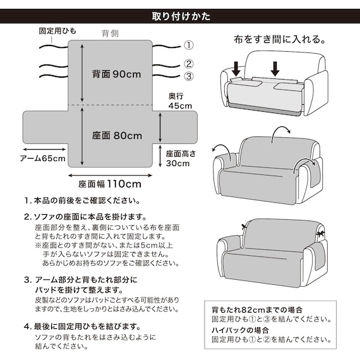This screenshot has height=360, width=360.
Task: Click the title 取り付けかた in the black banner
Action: [181, 15]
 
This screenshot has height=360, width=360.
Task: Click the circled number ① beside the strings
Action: [188, 45]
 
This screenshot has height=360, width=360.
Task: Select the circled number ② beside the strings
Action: [188, 63]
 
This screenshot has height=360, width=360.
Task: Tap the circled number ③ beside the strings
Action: [188, 76]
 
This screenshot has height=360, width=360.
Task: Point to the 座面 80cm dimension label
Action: [116, 135]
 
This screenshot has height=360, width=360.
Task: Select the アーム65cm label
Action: [42, 158]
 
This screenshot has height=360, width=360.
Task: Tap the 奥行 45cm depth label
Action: [180, 101]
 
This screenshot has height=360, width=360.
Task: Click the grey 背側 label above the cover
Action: [110, 33]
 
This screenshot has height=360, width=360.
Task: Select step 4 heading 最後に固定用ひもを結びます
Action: [86, 327]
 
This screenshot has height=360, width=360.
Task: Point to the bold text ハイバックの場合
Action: [241, 330]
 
